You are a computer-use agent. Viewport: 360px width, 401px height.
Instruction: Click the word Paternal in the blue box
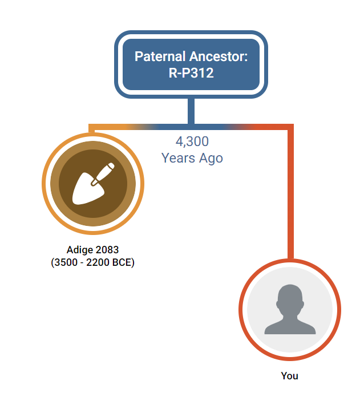click(160, 56)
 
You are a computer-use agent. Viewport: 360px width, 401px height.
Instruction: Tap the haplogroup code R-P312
click(191, 73)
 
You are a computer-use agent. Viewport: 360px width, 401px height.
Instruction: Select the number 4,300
click(192, 141)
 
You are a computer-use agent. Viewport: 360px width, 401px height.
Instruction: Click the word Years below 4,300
click(178, 158)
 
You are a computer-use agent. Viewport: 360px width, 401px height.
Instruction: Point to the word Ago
click(211, 159)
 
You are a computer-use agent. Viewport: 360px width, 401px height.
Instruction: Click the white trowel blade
click(88, 189)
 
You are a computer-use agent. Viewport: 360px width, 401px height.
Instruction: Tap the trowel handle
click(103, 174)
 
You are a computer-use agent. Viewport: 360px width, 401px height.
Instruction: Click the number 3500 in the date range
click(66, 262)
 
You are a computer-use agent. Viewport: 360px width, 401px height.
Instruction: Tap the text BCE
click(122, 262)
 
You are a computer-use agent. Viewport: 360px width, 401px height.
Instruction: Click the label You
click(290, 376)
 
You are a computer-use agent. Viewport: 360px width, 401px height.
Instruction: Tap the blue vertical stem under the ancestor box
click(191, 111)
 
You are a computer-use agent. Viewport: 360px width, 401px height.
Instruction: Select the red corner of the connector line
click(290, 127)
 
